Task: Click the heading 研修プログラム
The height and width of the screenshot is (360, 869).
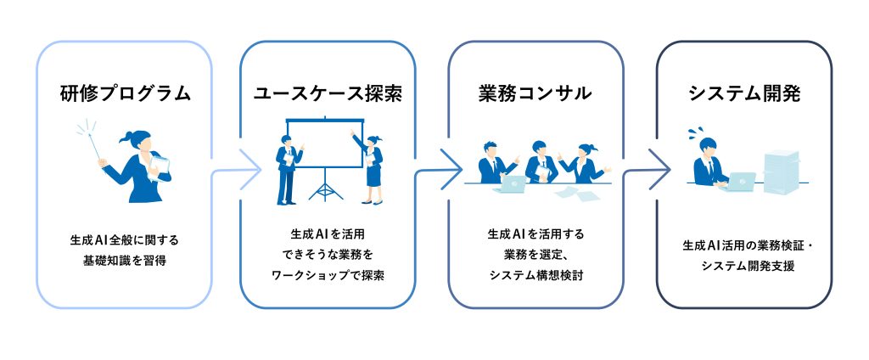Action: [x=125, y=93]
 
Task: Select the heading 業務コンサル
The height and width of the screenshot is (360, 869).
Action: [x=535, y=93]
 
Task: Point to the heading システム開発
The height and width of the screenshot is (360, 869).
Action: [x=744, y=93]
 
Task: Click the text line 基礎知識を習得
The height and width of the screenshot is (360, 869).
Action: [x=125, y=261]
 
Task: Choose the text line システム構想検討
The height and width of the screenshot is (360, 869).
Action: [x=535, y=275]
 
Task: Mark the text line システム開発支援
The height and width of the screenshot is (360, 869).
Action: [x=744, y=267]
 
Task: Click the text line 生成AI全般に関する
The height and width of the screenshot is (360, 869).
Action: [x=125, y=240]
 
